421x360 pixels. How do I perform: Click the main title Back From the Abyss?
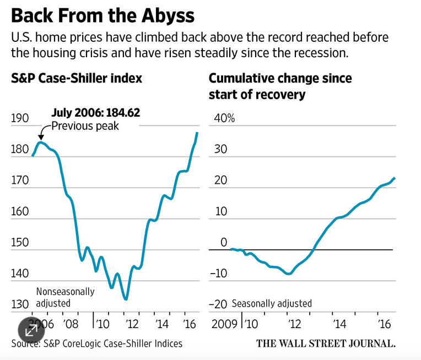[x=102, y=15]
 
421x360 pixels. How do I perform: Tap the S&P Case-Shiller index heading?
[x=77, y=78]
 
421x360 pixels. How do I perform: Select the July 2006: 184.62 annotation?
[x=95, y=112]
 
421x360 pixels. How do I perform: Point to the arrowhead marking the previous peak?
[x=41, y=136]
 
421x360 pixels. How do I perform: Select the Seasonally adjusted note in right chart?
[x=272, y=303]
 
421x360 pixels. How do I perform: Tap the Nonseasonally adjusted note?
[x=65, y=297]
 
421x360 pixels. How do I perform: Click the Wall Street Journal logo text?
[x=326, y=343]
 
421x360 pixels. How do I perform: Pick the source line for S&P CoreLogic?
[x=96, y=343]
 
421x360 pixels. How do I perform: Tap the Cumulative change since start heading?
[x=280, y=86]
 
